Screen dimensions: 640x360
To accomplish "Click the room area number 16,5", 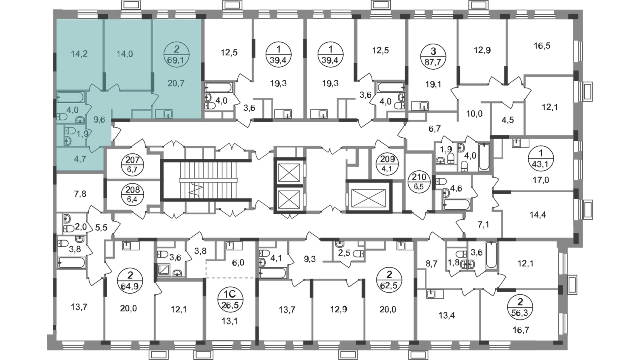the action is [542, 46].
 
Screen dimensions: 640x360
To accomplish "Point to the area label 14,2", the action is [79, 54].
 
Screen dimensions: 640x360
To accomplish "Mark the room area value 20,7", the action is [176, 84].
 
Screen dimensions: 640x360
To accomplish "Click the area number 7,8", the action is [80, 194].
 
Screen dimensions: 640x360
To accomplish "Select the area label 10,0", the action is [474, 114].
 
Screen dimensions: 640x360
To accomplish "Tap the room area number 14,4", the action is [538, 214].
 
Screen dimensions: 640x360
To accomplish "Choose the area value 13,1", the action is [230, 322].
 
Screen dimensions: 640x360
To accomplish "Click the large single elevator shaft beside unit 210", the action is [368, 196].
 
